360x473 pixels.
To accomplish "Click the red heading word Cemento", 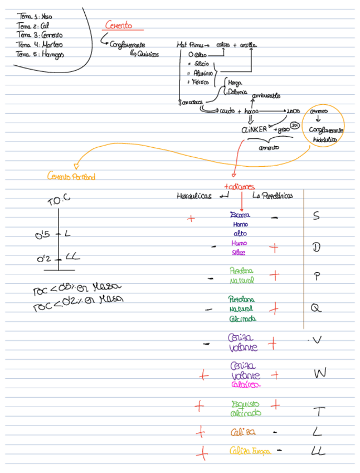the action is tap(119, 25).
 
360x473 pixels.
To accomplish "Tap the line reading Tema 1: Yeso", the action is tap(35, 17).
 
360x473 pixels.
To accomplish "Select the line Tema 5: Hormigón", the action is tap(40, 55).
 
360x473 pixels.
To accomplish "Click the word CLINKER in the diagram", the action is tap(255, 129).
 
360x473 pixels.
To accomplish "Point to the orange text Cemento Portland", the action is tap(71, 177).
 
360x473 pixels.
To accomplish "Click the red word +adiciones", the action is tap(239, 186).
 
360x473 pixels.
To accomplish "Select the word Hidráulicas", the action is tap(194, 196).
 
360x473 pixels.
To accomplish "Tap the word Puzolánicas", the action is tap(273, 196).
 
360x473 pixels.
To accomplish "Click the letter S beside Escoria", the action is tap(316, 216).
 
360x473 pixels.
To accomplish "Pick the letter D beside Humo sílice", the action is tap(316, 247).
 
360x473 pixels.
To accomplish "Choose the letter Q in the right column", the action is tap(316, 307).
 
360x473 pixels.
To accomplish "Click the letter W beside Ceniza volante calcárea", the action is tap(320, 373).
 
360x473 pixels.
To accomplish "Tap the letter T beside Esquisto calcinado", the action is tap(318, 412).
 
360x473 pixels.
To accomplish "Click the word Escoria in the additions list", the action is tap(240, 215).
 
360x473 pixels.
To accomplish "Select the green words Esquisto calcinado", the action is tap(245, 408).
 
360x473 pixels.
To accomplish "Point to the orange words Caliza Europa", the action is tap(250, 451).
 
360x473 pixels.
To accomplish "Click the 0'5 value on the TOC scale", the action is tap(43, 235).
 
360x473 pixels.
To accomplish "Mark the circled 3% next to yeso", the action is tap(295, 126).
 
